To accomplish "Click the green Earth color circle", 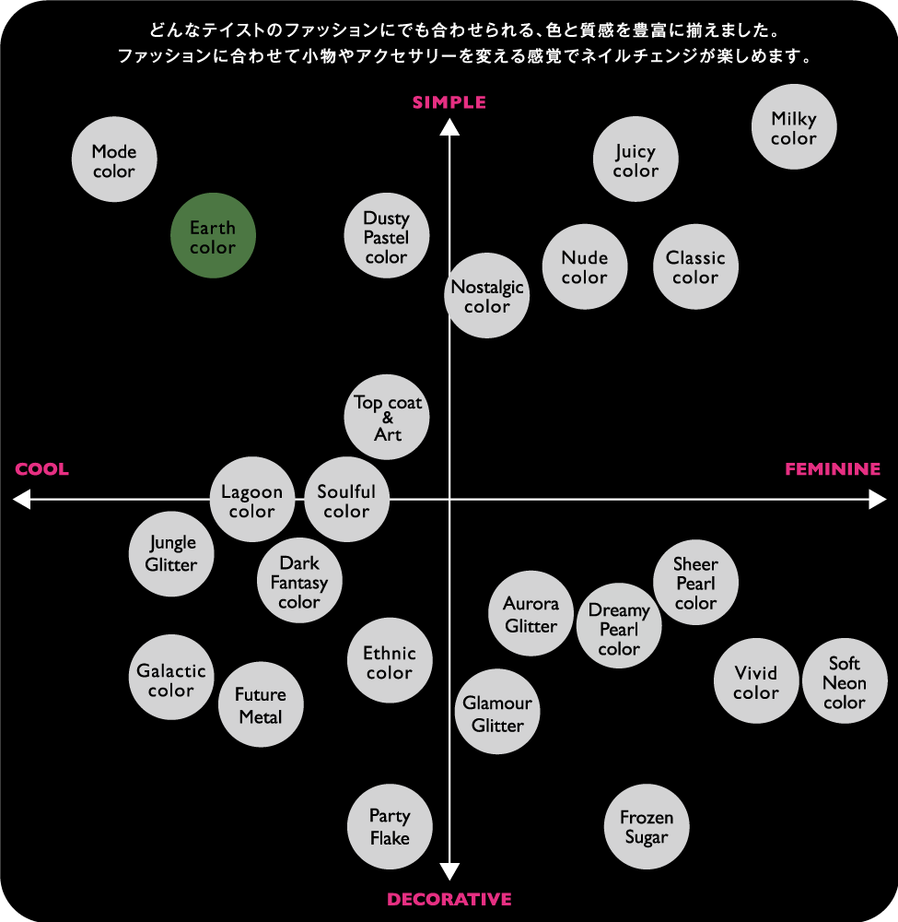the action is point(213,235).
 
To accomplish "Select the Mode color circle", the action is point(114,160).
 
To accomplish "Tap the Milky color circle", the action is point(794,126).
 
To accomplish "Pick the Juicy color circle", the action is point(636,160).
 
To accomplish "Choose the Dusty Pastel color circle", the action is point(387,235).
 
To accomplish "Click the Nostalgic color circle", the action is point(487,295).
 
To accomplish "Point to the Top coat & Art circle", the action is point(387,417).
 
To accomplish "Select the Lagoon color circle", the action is point(252,499).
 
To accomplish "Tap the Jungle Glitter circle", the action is point(171,554).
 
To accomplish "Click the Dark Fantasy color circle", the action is point(299,580).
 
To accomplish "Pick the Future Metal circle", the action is point(261,704).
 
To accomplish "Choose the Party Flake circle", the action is point(390,826).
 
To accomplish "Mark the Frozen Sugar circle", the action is point(647,826).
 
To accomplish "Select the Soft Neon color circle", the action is point(845,681).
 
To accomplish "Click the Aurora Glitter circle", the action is point(531,613).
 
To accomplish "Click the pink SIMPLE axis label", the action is point(449,102).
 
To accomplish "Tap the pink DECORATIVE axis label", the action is point(449,899).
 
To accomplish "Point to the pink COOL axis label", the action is point(41,469).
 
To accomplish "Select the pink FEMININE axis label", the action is point(833,469).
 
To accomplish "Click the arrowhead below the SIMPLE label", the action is point(449,126).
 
